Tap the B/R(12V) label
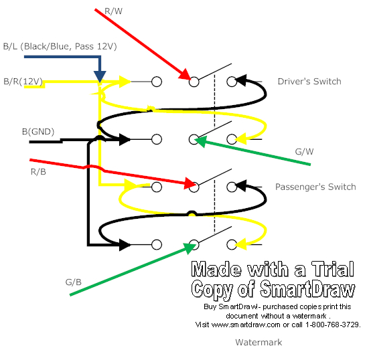pyautogui.click(x=23, y=82)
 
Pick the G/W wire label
pyautogui.click(x=305, y=152)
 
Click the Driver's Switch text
pyautogui.click(x=309, y=82)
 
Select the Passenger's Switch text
pyautogui.click(x=315, y=187)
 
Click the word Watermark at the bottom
pyautogui.click(x=258, y=342)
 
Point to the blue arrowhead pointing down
pyautogui.click(x=99, y=75)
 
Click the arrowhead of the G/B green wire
pyautogui.click(x=187, y=246)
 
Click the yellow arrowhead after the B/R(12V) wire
pyautogui.click(x=125, y=82)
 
